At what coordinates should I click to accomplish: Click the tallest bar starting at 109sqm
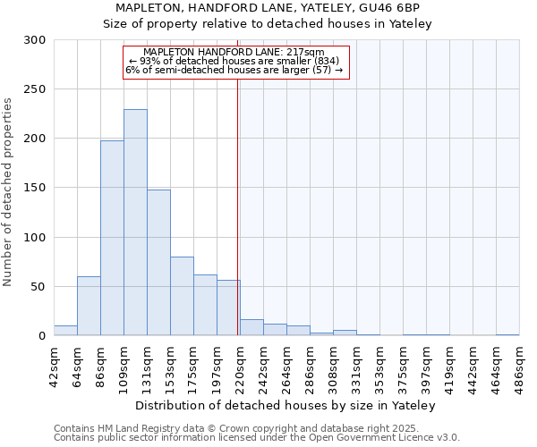pos(135,223)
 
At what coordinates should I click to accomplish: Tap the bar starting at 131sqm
pos(158,263)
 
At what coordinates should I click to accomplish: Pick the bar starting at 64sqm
pos(89,306)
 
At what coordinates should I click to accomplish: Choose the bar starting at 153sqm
pos(182,296)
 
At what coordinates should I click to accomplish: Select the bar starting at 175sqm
pos(205,305)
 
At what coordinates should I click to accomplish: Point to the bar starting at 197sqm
pos(227,308)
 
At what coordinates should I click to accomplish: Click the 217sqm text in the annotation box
pos(307,52)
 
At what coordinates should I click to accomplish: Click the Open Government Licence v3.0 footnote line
pos(257,438)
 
